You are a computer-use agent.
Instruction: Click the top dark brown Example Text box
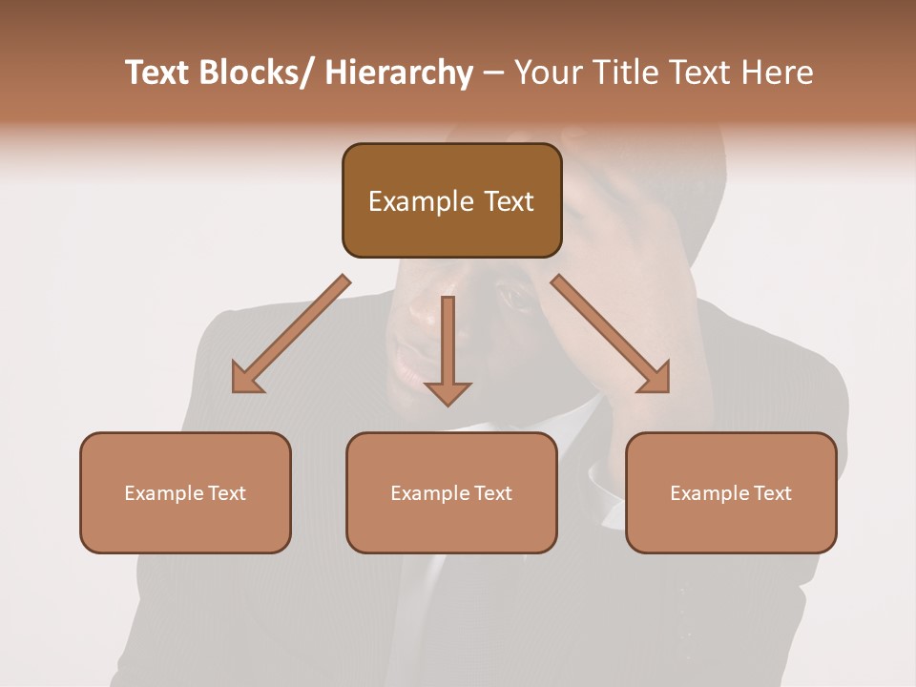pos(451,200)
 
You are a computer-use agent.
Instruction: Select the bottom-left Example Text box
pos(185,492)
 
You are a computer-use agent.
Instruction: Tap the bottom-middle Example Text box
pos(451,492)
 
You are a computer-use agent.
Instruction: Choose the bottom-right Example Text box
pos(731,492)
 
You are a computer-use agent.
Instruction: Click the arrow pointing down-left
pos(292,334)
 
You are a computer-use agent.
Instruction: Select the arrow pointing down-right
pos(611,334)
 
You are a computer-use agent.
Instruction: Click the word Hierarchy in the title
pos(399,73)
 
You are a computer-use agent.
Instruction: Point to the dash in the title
pos(493,73)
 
